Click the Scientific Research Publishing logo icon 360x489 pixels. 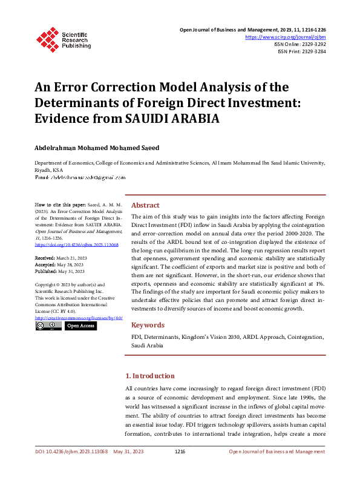(47, 39)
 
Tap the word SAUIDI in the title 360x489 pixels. (163, 119)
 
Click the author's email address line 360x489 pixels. (80, 177)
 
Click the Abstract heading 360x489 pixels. (145, 205)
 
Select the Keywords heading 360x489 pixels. (148, 324)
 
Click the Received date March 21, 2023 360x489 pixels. (69, 258)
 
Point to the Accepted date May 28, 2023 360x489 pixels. (68, 264)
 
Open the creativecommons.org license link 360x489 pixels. (79, 317)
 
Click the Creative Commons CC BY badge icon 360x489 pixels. (48, 326)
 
